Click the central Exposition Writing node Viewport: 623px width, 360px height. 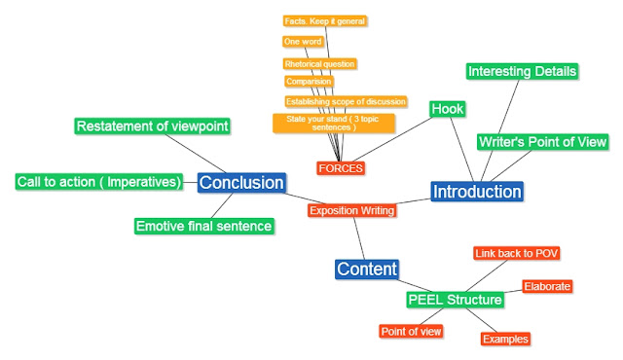tap(351, 210)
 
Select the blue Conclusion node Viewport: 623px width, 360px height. tap(241, 182)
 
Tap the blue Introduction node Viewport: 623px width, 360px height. tap(477, 192)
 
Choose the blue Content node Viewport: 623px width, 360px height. tap(366, 269)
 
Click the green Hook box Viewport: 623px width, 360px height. tap(448, 109)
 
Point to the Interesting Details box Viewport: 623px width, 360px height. tap(522, 72)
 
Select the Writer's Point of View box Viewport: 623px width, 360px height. tap(542, 142)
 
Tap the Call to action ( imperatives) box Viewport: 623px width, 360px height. tap(99, 182)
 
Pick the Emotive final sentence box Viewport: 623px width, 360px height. tap(203, 226)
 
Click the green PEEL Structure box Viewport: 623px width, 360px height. tap(455, 300)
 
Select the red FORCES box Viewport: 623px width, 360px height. tap(341, 167)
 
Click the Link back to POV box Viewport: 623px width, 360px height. tap(516, 253)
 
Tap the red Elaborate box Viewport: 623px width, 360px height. tap(546, 286)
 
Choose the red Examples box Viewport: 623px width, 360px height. tap(505, 339)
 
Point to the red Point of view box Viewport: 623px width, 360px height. tap(411, 331)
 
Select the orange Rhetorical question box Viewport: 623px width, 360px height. tap(319, 64)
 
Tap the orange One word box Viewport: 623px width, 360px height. tap(303, 42)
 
